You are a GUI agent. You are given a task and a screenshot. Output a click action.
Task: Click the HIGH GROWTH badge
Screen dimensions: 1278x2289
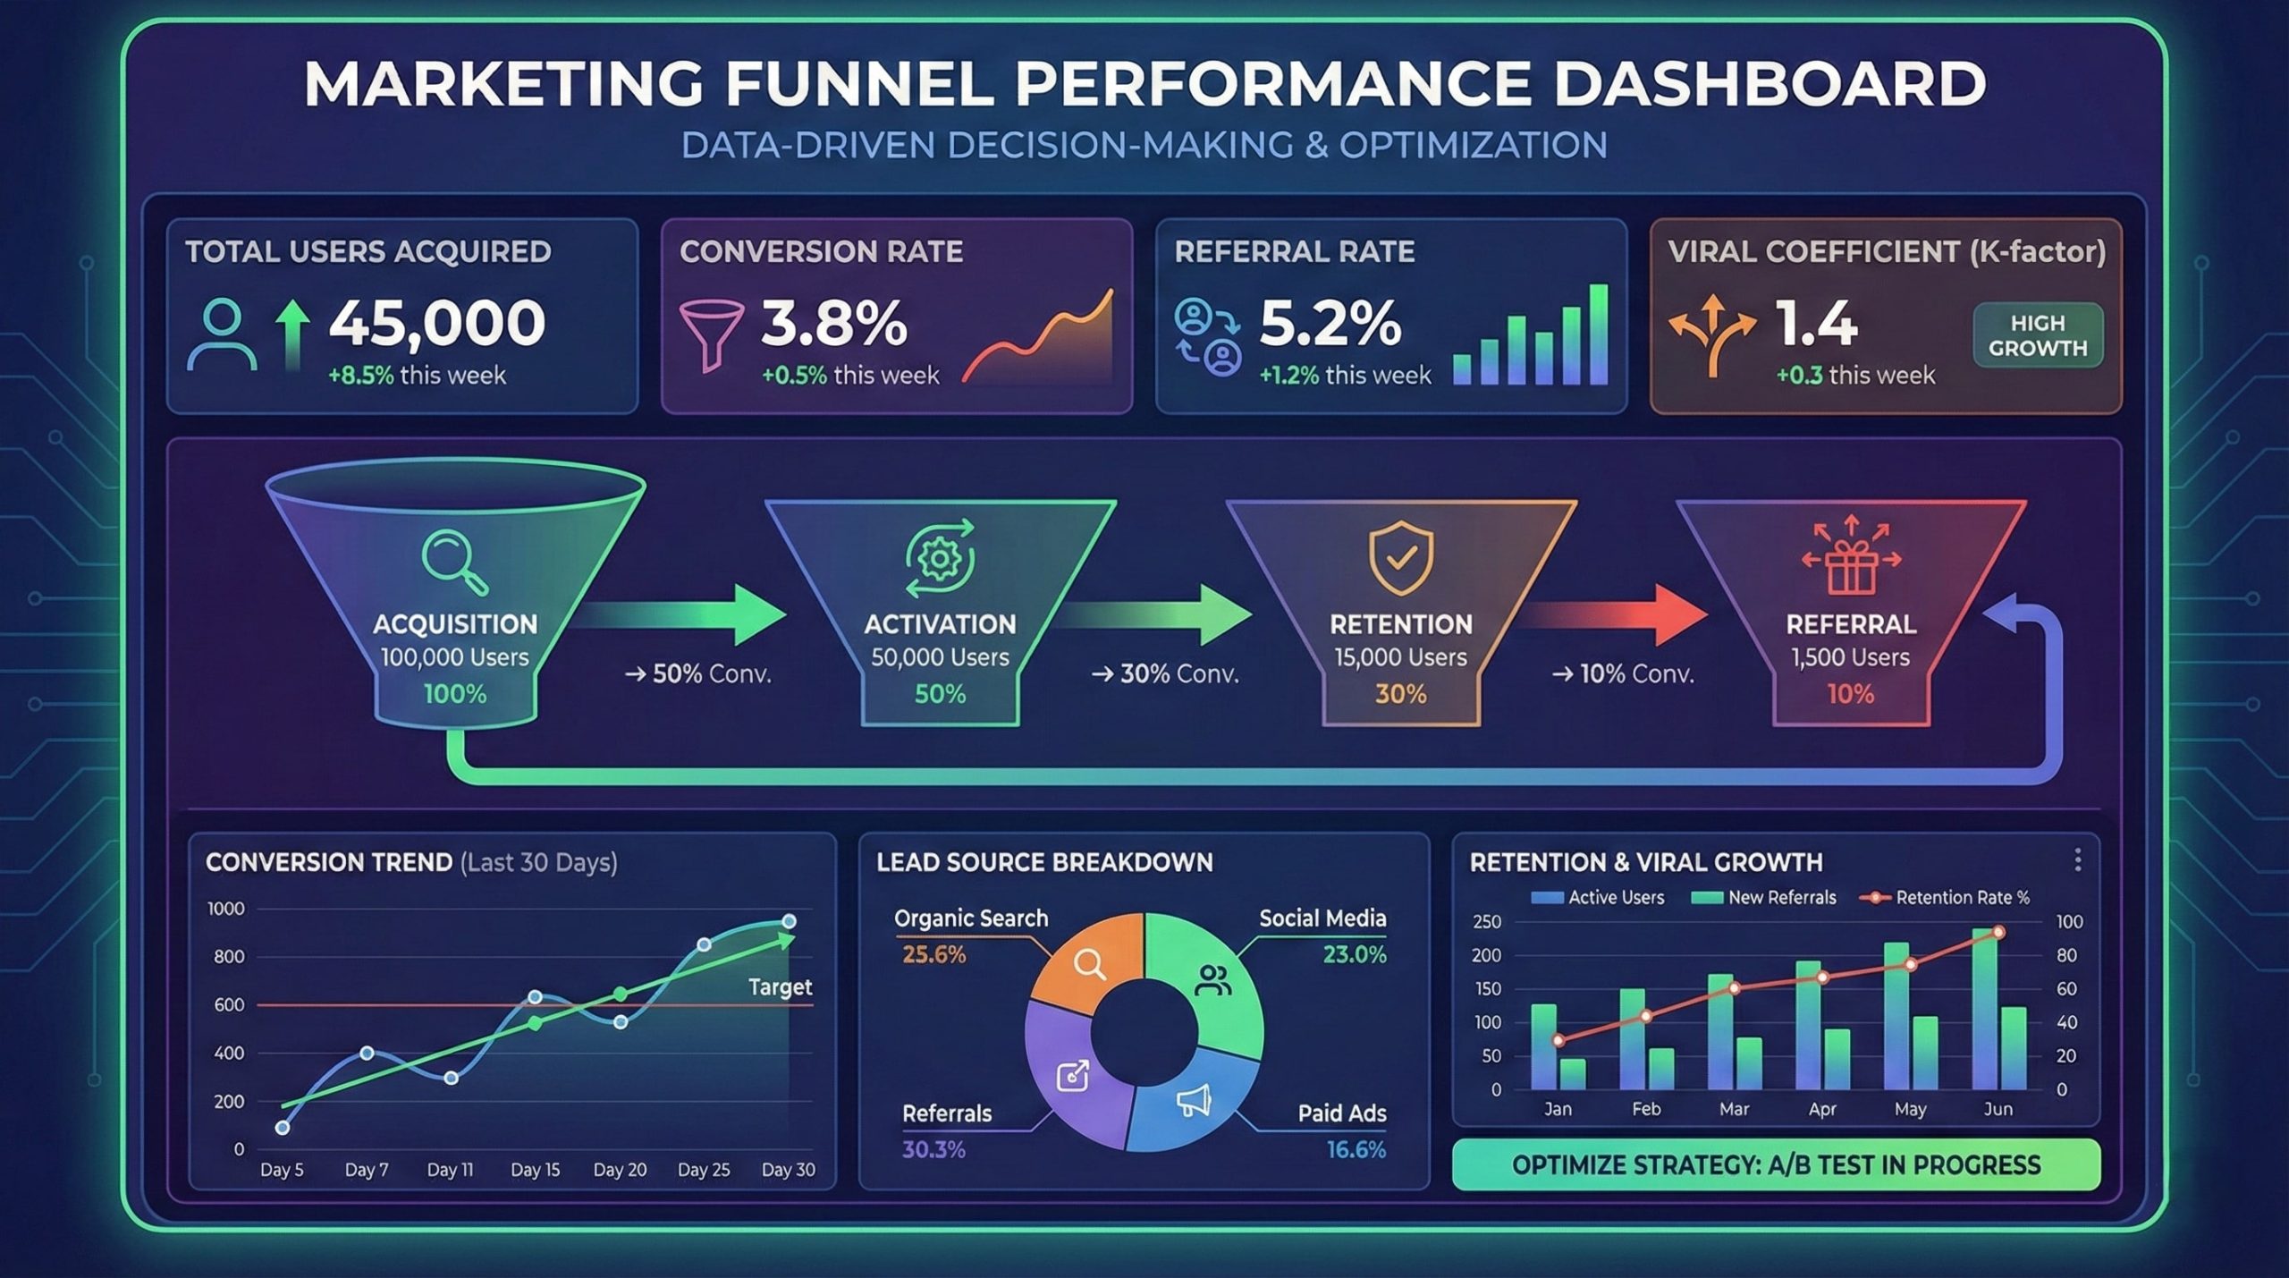click(x=2038, y=335)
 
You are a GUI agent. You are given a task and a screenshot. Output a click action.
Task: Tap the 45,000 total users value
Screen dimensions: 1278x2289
click(x=437, y=323)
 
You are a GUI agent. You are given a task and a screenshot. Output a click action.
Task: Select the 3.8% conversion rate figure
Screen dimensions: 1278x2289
click(x=833, y=323)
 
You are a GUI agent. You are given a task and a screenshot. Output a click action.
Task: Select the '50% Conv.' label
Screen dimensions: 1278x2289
click(x=698, y=673)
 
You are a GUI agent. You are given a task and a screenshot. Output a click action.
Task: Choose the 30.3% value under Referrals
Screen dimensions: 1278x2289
click(x=933, y=1149)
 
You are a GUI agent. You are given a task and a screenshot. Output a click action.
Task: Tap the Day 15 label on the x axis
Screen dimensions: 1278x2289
click(x=535, y=1170)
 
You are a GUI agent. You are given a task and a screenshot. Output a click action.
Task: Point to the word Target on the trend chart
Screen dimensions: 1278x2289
click(x=780, y=987)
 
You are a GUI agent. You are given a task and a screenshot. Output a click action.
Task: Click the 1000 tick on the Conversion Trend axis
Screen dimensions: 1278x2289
click(x=225, y=909)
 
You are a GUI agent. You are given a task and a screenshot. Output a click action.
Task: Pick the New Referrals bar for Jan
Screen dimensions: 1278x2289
click(x=1573, y=1073)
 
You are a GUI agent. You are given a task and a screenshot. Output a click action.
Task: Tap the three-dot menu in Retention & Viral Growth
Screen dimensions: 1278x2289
click(x=2077, y=859)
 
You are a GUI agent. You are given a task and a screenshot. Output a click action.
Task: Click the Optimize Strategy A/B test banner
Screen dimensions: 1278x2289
click(x=1776, y=1164)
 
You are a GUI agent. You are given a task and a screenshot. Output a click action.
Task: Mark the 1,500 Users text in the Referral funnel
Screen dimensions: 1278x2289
click(x=1850, y=657)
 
